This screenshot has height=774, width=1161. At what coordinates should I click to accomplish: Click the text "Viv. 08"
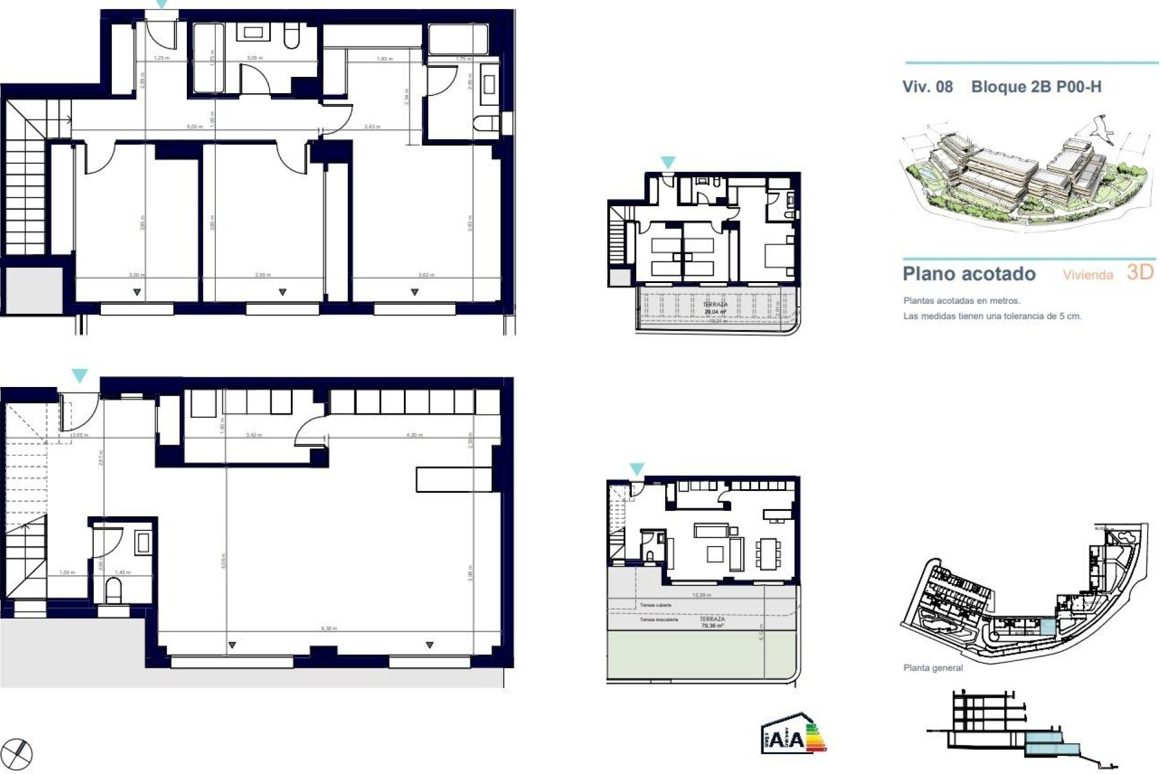[x=927, y=86]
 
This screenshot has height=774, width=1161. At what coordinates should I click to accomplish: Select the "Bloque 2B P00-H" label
[x=1036, y=86]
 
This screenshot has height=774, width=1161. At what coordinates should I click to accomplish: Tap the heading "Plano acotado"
[x=969, y=274]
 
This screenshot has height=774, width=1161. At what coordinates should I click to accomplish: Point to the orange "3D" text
[x=1140, y=273]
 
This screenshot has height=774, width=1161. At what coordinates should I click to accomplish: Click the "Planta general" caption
[x=932, y=668]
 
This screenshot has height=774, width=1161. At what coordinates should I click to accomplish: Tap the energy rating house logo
[x=793, y=733]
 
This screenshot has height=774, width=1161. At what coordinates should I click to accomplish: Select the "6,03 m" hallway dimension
[x=194, y=127]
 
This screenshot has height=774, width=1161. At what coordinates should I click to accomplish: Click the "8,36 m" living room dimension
[x=328, y=629]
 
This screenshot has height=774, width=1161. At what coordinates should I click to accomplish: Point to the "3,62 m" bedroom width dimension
[x=426, y=275]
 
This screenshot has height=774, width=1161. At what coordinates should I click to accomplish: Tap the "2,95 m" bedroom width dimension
[x=263, y=275]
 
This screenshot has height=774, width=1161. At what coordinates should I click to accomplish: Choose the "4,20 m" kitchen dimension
[x=414, y=435]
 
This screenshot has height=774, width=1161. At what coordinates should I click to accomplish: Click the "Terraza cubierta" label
[x=655, y=605]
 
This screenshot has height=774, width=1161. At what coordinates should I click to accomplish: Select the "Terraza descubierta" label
[x=659, y=620]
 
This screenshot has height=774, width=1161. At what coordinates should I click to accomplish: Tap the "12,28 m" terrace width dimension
[x=701, y=595]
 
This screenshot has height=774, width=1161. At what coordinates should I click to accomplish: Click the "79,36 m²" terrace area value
[x=712, y=626]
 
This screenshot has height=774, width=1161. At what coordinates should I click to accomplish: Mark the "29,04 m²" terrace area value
[x=715, y=312]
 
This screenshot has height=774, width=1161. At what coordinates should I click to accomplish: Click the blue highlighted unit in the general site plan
[x=1047, y=627]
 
